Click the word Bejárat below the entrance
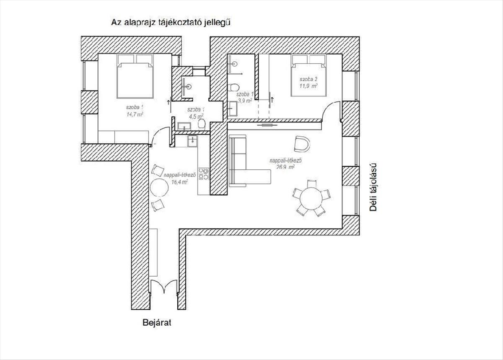coord(157,323)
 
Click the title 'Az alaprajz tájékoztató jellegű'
coord(171,22)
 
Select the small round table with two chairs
coord(159,187)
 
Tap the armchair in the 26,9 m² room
coord(302,143)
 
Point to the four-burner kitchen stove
coord(204,174)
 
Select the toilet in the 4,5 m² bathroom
coord(202,124)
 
